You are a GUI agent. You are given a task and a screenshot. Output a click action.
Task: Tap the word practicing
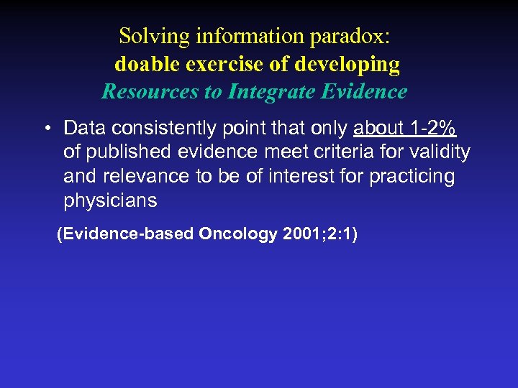(x=412, y=177)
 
